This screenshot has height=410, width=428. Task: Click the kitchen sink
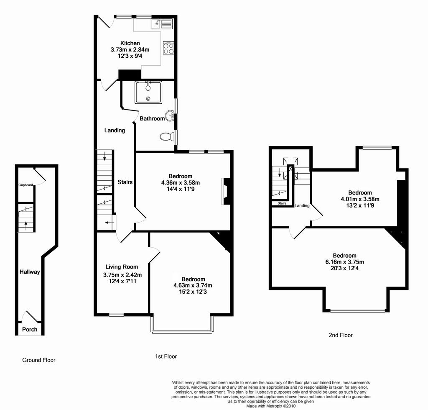point(162,24)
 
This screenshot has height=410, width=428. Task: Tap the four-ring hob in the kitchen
point(168,48)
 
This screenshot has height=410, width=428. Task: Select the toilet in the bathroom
point(166,136)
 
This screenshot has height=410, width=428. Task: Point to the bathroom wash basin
point(170,116)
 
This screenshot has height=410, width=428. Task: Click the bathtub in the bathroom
point(148,92)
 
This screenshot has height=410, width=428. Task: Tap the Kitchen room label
point(130,43)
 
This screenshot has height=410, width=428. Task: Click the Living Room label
point(122,267)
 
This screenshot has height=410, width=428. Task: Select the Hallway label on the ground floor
point(30,272)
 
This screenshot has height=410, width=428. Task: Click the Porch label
point(30,329)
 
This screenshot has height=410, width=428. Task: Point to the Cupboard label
point(25,185)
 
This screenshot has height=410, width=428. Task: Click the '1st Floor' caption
point(166,356)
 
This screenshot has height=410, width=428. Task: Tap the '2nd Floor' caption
point(341,335)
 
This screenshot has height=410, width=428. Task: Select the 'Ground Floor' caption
point(39,360)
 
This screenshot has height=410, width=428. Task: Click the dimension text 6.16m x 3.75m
point(344,262)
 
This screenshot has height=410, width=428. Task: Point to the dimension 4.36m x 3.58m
point(181,182)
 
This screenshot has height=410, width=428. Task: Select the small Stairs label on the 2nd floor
point(282,203)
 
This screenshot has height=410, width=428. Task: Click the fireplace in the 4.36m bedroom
point(226,191)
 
